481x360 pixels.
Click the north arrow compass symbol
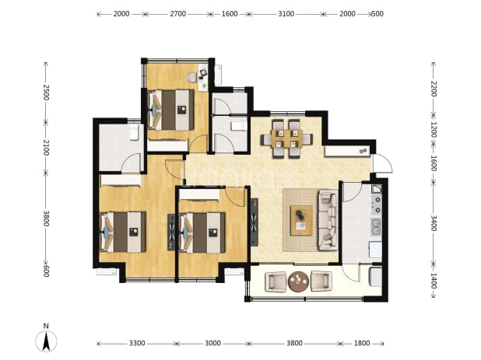tap(46, 341)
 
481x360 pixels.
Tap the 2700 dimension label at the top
tap(178, 14)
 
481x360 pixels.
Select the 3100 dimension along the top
tap(286, 14)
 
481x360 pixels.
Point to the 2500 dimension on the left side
tap(46, 93)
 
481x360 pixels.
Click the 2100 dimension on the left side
tap(46, 148)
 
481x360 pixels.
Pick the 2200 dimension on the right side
tap(434, 89)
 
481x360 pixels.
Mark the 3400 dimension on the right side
tap(434, 222)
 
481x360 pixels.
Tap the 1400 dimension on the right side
tap(434, 281)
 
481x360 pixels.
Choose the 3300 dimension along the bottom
tap(137, 343)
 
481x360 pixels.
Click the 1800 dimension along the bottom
tap(362, 343)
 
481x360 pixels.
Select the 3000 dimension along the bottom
tap(212, 343)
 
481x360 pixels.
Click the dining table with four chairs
tap(286, 139)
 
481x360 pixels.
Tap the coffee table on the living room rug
tap(301, 220)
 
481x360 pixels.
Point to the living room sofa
tap(328, 220)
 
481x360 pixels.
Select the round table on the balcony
tap(298, 281)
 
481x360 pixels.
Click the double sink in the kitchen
tap(376, 227)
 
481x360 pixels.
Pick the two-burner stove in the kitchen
tap(377, 204)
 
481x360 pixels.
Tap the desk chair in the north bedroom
tap(192, 77)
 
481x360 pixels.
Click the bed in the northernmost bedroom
tap(171, 110)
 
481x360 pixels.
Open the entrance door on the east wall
tap(382, 163)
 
